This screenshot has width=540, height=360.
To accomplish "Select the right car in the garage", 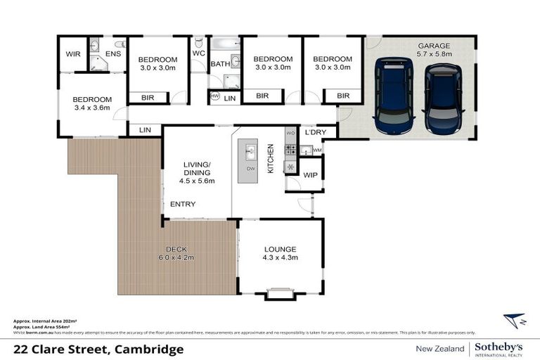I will point(442,100).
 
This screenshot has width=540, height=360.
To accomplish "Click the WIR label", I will point(72,53).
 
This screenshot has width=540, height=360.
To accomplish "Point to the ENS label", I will point(112,53).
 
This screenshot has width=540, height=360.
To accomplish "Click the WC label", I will point(198,53).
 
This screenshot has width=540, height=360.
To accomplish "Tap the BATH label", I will point(220,64).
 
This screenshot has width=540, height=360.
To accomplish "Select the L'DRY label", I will point(314,131).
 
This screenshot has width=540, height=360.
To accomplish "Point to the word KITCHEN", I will point(269,159).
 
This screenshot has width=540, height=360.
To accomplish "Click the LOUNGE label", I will point(281,249).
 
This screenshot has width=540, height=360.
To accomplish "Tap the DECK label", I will point(176,249).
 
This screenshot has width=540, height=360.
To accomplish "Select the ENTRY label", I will point(183,205).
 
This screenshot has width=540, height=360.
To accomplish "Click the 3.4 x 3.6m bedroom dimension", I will point(92,109).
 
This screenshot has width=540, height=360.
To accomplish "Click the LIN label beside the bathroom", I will point(230,98).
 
